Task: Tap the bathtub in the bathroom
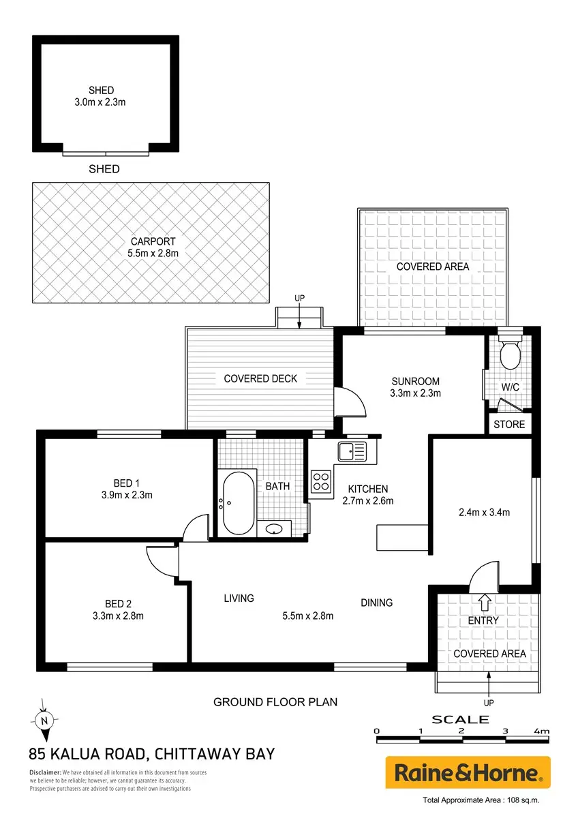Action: coord(239,504)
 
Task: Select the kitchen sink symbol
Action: coord(352,452)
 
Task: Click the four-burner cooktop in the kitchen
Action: coord(321,481)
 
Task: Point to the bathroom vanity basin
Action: coord(274,529)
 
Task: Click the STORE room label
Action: coord(509,424)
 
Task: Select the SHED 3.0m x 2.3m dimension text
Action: coord(100,102)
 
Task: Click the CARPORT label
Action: coord(153,241)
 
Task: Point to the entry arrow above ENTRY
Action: coord(485,602)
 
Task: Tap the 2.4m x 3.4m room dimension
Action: coord(484,513)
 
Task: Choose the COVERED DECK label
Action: coord(260,379)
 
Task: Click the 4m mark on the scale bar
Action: coord(541,731)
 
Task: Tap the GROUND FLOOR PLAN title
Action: coord(275,702)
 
